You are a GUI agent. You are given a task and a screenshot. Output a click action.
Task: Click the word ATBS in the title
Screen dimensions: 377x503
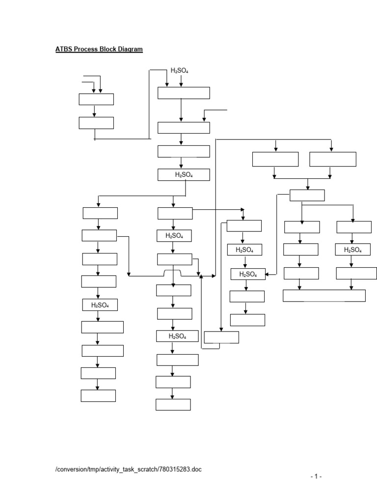point(64,49)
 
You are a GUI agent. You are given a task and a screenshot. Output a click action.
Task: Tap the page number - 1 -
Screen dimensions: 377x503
point(316,476)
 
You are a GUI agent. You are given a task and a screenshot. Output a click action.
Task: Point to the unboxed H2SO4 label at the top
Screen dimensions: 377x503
point(179,71)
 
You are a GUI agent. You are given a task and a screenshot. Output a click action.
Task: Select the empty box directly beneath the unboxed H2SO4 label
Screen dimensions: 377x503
point(184,93)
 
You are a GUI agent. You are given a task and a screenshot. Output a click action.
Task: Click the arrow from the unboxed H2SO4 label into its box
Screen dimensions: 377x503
point(181,81)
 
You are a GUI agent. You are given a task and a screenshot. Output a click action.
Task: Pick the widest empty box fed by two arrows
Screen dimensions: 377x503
point(324,296)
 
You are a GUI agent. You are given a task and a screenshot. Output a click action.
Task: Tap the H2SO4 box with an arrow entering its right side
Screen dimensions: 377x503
point(248,274)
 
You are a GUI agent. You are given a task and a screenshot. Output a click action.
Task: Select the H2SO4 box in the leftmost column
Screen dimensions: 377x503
point(100,305)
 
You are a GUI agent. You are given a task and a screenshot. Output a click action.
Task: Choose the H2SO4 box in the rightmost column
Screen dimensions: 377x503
point(352,250)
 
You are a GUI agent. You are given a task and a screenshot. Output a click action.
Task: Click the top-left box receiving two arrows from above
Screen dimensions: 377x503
point(96,99)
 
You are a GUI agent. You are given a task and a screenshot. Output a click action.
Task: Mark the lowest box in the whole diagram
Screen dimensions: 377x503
point(173,405)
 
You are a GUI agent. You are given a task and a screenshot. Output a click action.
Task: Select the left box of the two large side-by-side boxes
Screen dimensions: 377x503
point(275,159)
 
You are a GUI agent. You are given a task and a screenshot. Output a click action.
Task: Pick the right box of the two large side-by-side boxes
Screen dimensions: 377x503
point(333,159)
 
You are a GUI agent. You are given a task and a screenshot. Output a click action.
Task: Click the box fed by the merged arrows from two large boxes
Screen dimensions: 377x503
point(307,196)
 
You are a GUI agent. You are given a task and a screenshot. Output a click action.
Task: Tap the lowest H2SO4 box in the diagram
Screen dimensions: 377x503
point(177,336)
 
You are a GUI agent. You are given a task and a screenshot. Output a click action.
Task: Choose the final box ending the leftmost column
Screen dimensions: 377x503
point(98,395)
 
